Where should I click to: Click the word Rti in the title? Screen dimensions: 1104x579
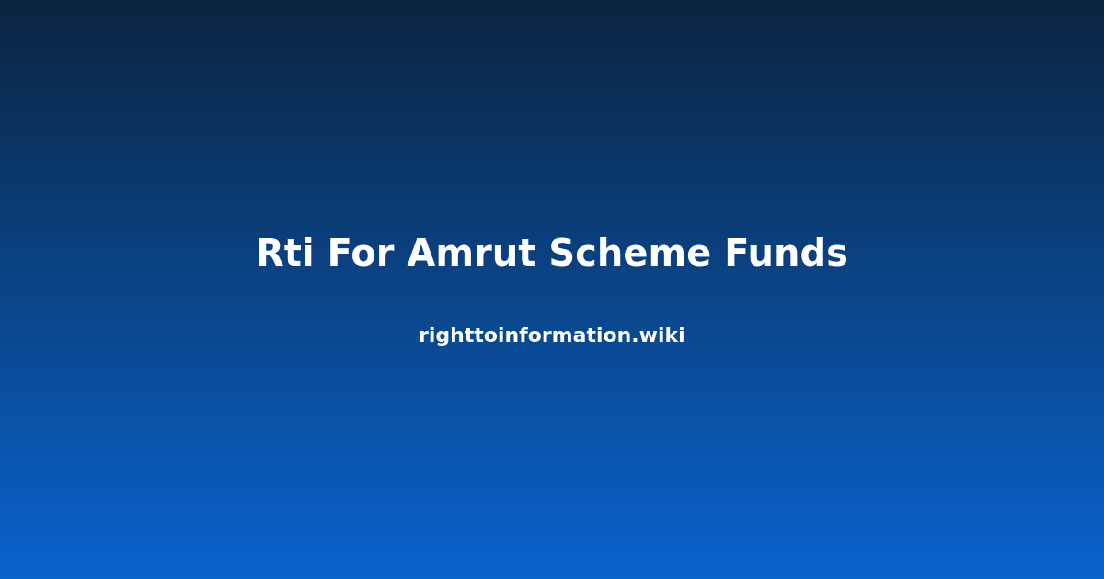pos(285,253)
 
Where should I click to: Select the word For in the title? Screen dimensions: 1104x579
pos(362,253)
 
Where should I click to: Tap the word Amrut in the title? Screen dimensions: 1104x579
pos(471,253)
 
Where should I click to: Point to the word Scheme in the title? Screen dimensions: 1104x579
pos(630,253)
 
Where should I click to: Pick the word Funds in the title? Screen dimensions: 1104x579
pos(786,253)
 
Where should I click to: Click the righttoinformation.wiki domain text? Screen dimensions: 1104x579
pos(551,335)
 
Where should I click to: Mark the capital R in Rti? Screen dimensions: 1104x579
pos(270,253)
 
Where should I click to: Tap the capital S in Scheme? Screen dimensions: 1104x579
pos(562,253)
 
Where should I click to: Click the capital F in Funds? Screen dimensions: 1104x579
pos(736,253)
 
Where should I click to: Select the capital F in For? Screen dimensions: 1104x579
pos(339,253)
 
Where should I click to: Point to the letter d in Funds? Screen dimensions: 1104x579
pos(810,252)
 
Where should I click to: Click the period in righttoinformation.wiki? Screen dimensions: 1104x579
pos(641,340)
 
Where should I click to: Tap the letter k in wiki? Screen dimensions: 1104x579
pos(673,335)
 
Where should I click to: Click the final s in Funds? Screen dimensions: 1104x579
pos(836,256)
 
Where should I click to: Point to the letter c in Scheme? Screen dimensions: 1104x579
pos(588,256)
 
